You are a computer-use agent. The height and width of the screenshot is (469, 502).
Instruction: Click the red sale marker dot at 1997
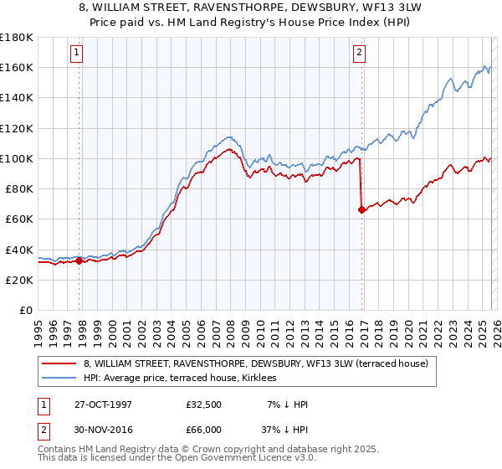[79, 260]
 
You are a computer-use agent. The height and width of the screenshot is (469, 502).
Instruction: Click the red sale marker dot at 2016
[361, 210]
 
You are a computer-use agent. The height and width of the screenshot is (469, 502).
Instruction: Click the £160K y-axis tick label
[17, 67]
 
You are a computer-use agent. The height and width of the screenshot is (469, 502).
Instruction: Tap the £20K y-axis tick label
[19, 280]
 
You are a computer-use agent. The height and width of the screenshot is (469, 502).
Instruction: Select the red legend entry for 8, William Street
[255, 363]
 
